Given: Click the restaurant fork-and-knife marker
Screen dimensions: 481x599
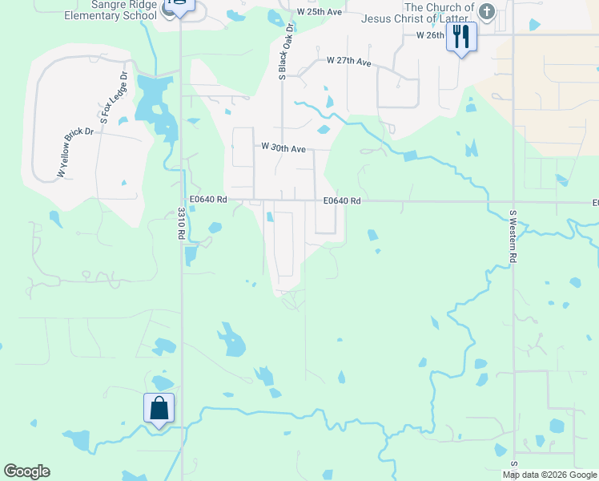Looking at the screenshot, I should point(462,37).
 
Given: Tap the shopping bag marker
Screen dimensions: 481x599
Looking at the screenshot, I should point(159,408).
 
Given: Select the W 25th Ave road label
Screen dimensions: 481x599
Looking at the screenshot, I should point(319,12).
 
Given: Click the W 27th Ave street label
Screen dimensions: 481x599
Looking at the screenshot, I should point(350,62).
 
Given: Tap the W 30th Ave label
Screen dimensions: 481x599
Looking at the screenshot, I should point(284,148).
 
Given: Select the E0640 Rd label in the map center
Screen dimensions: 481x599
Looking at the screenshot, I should point(343,201).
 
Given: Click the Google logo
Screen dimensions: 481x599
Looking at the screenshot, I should point(26,471).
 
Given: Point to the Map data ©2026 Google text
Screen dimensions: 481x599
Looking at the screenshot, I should point(549,475).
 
